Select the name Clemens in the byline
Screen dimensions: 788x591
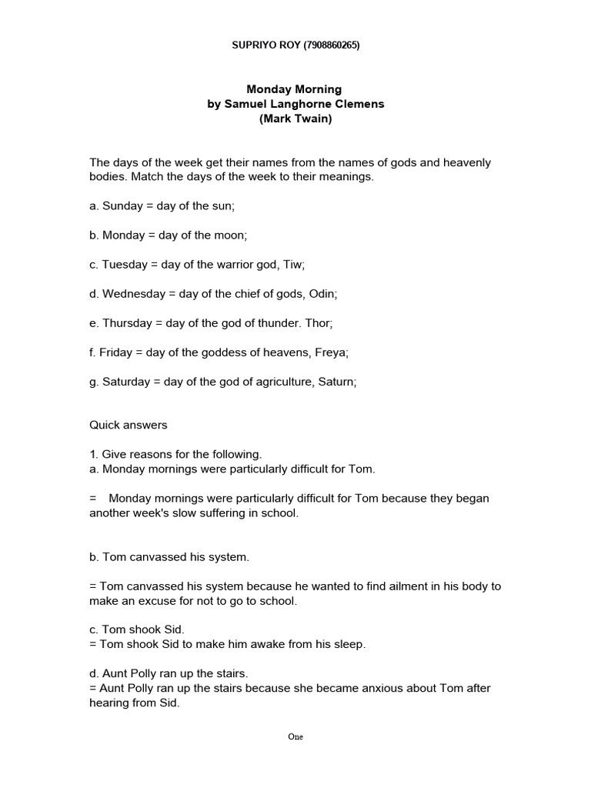tap(356, 104)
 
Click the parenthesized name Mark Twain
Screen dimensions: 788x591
tap(295, 119)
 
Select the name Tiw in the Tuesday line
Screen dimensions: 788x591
tap(294, 264)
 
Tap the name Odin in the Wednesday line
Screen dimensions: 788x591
tap(324, 293)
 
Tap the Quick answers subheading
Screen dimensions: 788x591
tap(128, 425)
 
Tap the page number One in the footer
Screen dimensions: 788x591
tap(295, 736)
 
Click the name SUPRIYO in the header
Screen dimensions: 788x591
tap(252, 45)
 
